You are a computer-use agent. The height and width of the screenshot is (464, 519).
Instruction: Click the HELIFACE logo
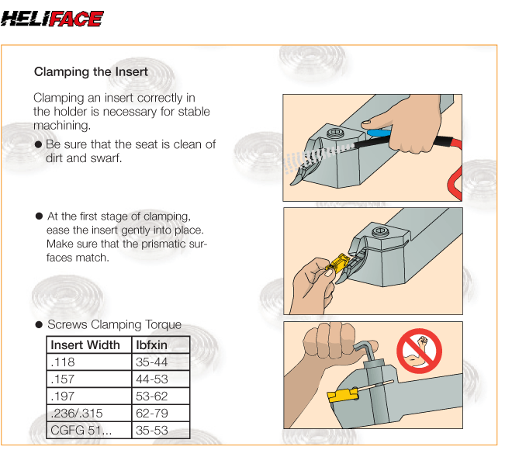pos(52,19)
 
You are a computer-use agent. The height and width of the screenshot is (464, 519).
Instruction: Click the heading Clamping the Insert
pos(91,72)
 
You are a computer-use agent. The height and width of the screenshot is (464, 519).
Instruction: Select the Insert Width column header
pos(85,345)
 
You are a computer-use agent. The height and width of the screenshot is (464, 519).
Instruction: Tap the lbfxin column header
pos(151,345)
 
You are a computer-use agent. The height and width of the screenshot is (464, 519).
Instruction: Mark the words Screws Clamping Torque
pos(114,324)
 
